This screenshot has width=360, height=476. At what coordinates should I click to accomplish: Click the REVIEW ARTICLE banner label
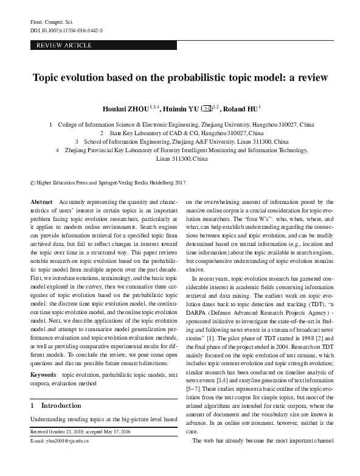(64, 46)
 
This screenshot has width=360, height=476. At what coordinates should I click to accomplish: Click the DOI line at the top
(66, 30)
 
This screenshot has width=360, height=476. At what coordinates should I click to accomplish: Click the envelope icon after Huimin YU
(206, 110)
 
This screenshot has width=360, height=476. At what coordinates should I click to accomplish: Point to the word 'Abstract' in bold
(41, 201)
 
